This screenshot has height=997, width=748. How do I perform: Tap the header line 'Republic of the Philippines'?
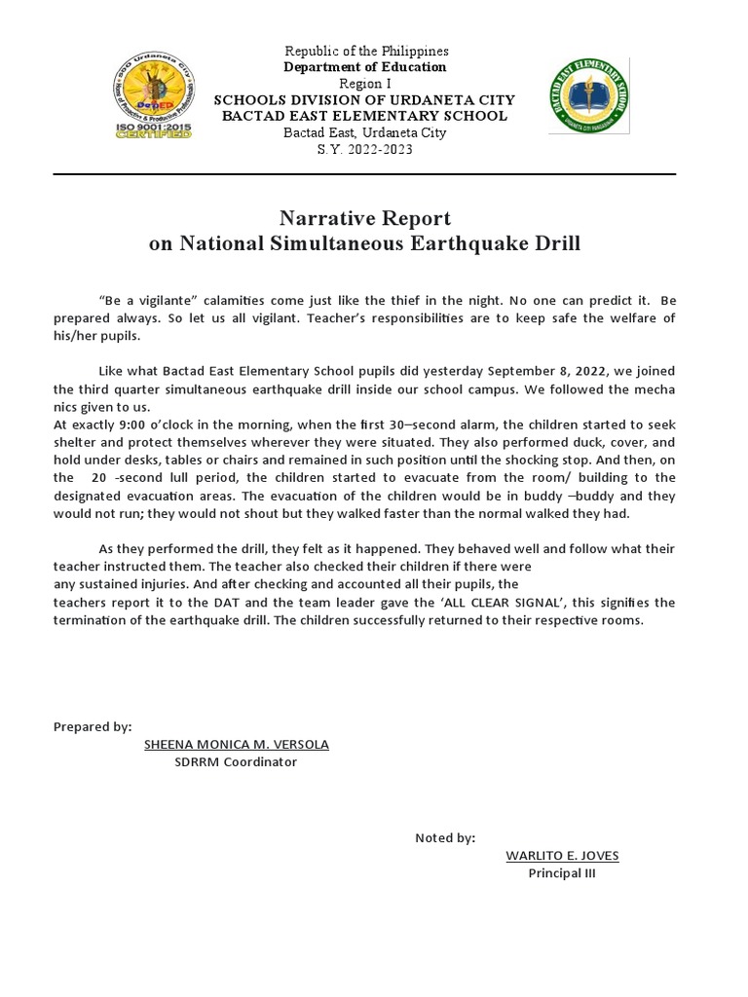(365, 51)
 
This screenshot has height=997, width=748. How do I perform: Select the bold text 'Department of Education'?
(365, 67)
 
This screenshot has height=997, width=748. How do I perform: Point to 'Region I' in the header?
(365, 84)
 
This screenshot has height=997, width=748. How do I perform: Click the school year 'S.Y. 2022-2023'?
(365, 150)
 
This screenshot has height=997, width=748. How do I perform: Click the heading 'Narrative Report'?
(365, 217)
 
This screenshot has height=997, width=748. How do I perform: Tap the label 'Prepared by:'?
(93, 726)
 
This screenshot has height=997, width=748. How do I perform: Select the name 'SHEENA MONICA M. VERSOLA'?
(237, 744)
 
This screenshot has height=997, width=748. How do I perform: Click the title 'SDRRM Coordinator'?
(236, 761)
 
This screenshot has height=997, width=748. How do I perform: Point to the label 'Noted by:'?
(445, 838)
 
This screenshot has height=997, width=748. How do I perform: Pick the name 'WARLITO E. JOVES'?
(562, 856)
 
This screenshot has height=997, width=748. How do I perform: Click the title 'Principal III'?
(562, 873)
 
